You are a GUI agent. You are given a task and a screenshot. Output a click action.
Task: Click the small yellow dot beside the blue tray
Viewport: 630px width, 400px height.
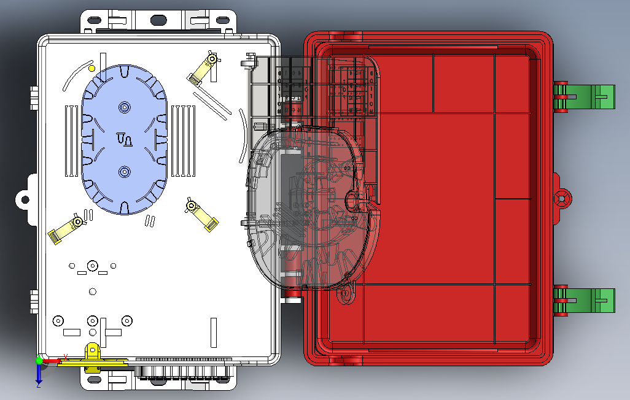point(91,68)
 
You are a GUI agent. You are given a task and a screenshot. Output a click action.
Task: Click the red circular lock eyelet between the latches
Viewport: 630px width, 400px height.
point(562,198)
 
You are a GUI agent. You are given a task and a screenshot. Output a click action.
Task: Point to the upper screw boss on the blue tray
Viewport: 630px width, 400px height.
point(125,108)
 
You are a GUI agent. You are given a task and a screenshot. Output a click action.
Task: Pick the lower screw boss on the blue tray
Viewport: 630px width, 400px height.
point(125,172)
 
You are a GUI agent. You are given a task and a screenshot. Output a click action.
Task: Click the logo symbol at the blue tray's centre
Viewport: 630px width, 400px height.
point(124,140)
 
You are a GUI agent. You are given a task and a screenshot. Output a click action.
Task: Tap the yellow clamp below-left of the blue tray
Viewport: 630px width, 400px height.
point(65,228)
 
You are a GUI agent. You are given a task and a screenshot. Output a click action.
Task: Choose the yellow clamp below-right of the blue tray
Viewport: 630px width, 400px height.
point(201,213)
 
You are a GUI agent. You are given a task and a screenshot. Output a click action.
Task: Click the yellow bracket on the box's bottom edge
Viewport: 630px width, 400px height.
point(92,360)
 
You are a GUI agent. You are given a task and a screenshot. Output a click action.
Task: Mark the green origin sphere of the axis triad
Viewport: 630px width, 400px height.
point(39,361)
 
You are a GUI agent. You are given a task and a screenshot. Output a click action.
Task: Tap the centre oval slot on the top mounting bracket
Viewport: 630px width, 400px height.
point(158,20)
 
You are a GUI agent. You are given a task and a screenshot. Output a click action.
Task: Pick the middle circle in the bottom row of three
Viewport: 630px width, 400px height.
point(93,320)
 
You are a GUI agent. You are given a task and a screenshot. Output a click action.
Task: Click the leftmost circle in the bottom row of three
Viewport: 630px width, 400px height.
point(58,320)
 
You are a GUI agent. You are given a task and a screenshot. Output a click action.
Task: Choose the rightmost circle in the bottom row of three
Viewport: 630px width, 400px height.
point(127,320)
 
